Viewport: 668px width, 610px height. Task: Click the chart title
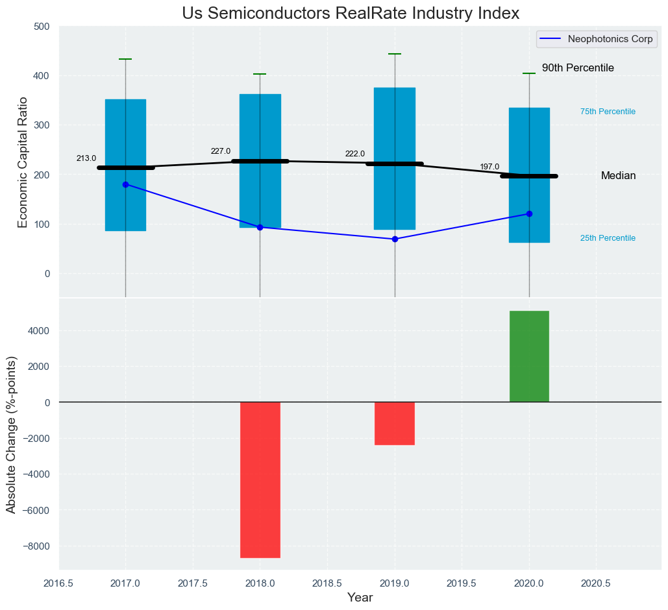[x=351, y=14]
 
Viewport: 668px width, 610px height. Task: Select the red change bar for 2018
[x=260, y=480]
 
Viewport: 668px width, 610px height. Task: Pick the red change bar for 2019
[x=394, y=423]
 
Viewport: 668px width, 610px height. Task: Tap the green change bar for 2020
[x=529, y=356]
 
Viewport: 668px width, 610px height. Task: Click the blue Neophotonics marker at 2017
[x=125, y=184]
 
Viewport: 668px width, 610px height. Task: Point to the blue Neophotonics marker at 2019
[x=395, y=239]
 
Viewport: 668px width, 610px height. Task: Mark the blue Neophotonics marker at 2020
[x=529, y=213]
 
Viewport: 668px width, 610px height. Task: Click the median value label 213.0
[x=86, y=158]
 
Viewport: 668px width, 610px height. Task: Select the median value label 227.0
[x=221, y=152]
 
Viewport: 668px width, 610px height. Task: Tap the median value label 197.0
[x=489, y=167]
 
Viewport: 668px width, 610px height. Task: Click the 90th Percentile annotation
[x=578, y=68]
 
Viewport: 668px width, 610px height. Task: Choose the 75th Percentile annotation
[x=608, y=112]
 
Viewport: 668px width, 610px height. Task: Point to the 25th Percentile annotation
[x=608, y=238]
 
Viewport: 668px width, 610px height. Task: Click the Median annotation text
[x=618, y=176]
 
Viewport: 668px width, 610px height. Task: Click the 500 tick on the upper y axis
[x=42, y=27]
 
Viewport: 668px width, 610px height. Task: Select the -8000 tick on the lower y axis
[x=36, y=546]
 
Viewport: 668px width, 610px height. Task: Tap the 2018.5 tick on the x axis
[x=327, y=583]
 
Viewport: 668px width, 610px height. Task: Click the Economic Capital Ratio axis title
[x=23, y=162]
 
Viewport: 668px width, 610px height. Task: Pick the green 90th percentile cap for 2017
[x=125, y=59]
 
